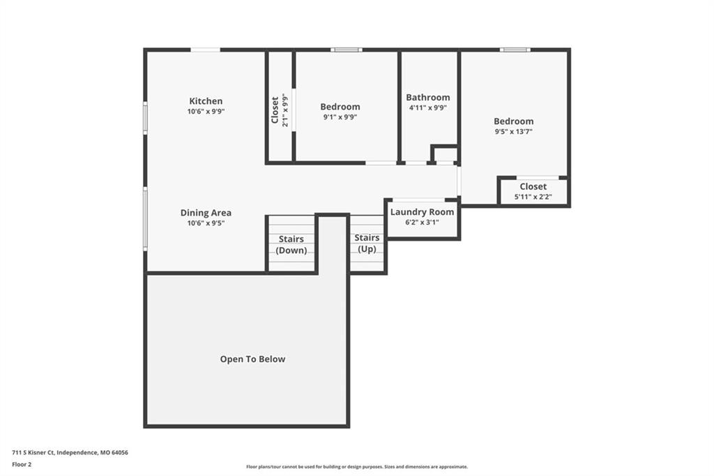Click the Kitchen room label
point(206,101)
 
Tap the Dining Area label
point(206,212)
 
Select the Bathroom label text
point(428,97)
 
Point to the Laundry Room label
point(422,212)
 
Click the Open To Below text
point(252,359)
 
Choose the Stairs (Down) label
point(291,244)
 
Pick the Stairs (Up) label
point(367,243)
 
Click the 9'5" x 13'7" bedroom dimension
point(514,132)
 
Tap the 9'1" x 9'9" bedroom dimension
point(340,117)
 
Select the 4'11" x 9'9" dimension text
point(428,108)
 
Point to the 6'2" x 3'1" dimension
point(422,223)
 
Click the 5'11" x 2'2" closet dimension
point(533,197)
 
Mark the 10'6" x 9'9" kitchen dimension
point(206,112)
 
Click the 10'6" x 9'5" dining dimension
point(206,223)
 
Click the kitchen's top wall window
point(206,50)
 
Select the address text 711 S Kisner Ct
point(32,453)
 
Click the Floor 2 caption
point(22,465)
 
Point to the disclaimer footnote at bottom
point(357,467)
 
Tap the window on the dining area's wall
point(145,219)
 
